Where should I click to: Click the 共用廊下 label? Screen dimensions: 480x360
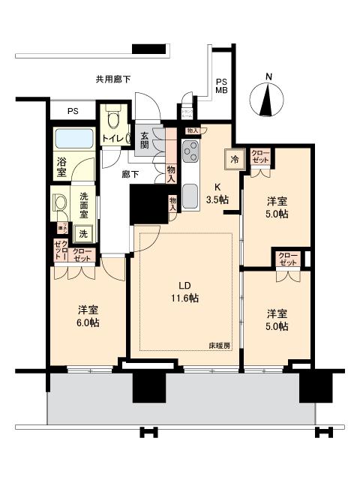pyautogui.click(x=113, y=79)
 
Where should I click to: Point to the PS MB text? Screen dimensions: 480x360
pyautogui.click(x=221, y=86)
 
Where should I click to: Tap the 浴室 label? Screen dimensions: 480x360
pyautogui.click(x=61, y=166)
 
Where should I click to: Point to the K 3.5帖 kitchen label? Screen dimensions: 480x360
pyautogui.click(x=218, y=193)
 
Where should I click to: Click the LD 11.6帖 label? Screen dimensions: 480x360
pyautogui.click(x=183, y=292)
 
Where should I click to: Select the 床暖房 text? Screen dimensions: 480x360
pyautogui.click(x=219, y=345)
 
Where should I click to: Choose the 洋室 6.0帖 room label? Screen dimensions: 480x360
pyautogui.click(x=88, y=316)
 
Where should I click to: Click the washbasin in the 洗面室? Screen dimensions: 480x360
pyautogui.click(x=59, y=204)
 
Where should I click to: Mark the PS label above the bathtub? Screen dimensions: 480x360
pyautogui.click(x=73, y=112)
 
